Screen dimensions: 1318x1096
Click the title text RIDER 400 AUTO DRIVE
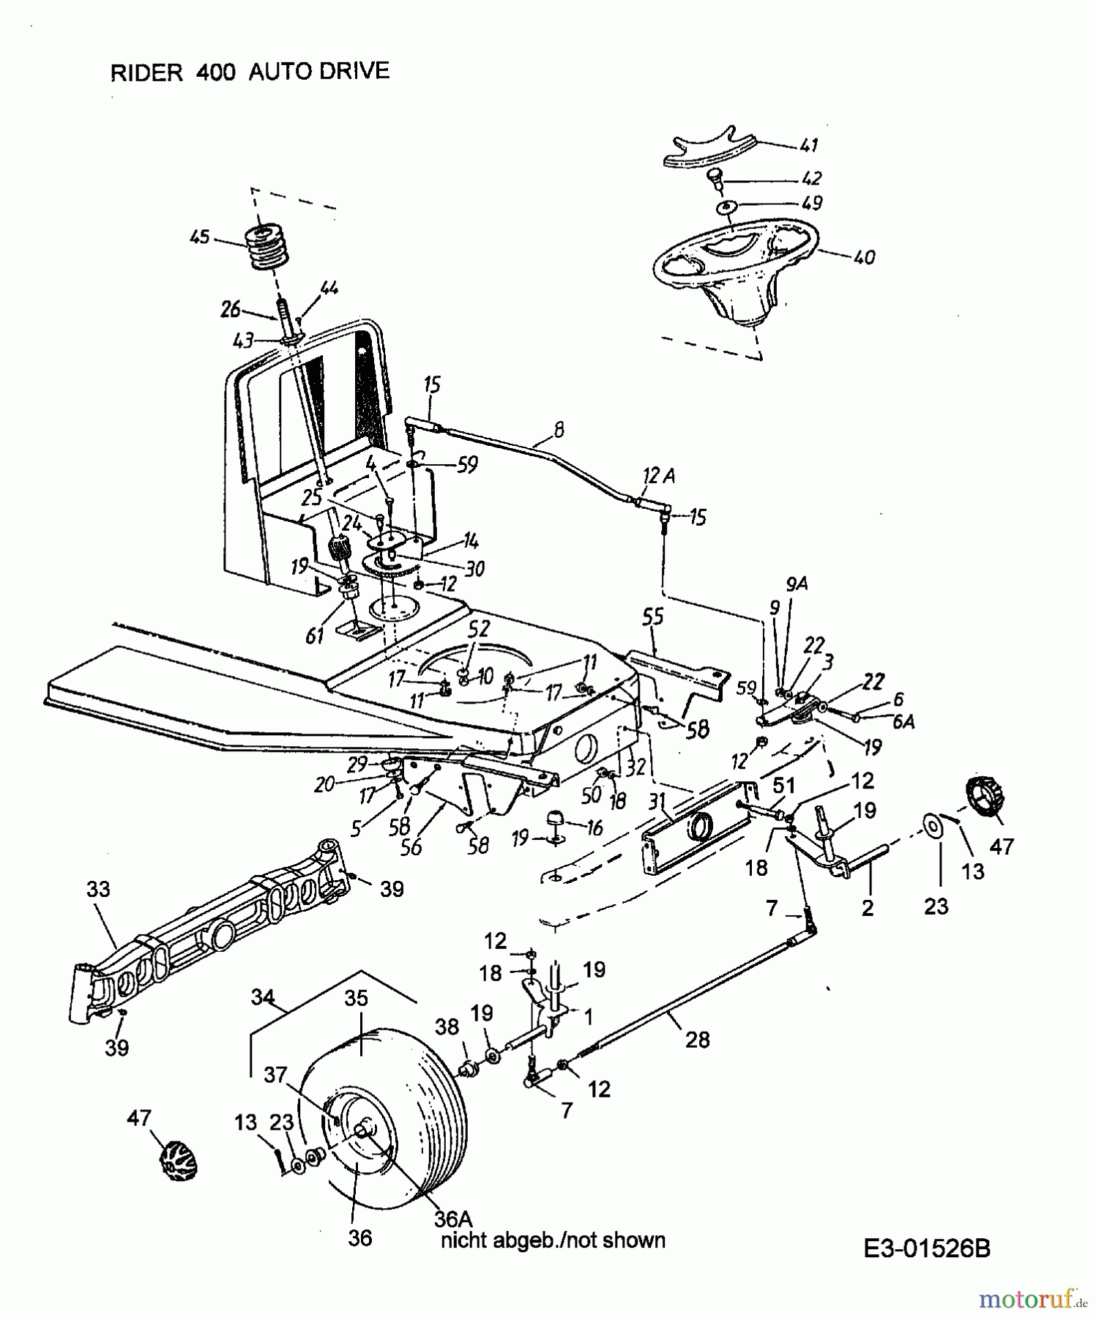(249, 72)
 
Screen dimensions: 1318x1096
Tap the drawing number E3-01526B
(926, 1248)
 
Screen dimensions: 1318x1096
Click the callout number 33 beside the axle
(98, 889)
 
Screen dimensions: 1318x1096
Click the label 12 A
(659, 477)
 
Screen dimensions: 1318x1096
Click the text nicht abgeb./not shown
(553, 1240)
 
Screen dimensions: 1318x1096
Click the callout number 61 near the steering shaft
(314, 636)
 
